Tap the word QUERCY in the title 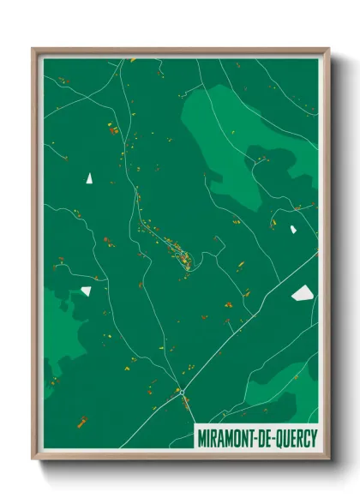pyautogui.click(x=291, y=436)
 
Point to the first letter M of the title pyautogui.click(x=201, y=436)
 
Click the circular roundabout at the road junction pyautogui.click(x=182, y=392)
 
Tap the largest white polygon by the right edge pyautogui.click(x=303, y=293)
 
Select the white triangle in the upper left pyautogui.click(x=88, y=178)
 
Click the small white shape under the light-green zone pyautogui.click(x=293, y=229)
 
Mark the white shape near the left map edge pyautogui.click(x=86, y=291)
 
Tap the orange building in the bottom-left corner pyautogui.click(x=82, y=421)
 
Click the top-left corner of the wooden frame pyautogui.click(x=34, y=50)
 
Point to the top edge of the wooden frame pyautogui.click(x=180, y=51)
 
